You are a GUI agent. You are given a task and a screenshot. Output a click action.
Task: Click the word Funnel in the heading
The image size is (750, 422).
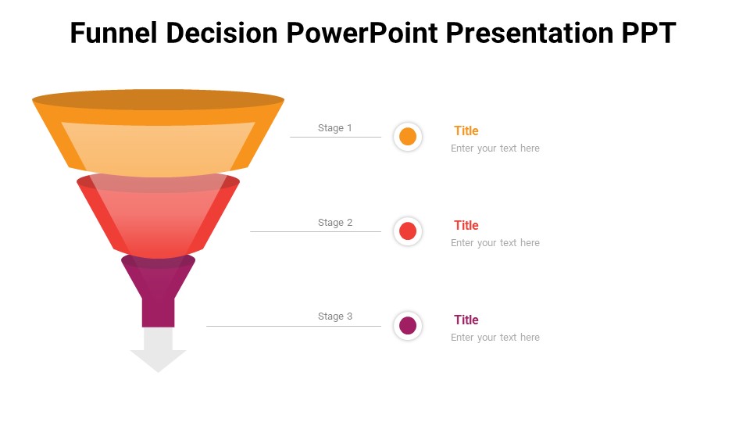click(114, 33)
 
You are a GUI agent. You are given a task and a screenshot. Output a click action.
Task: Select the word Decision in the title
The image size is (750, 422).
click(222, 33)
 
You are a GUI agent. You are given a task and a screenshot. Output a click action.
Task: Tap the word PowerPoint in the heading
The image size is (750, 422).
click(362, 33)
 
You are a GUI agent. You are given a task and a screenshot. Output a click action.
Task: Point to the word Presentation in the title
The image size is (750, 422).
click(530, 33)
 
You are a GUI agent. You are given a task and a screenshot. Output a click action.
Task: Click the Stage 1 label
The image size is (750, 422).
click(335, 127)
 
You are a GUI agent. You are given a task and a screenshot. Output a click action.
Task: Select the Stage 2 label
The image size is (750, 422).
click(335, 223)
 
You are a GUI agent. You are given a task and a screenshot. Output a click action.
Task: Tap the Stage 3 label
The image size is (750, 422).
click(335, 316)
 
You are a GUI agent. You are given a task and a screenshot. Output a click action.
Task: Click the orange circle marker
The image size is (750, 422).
click(408, 136)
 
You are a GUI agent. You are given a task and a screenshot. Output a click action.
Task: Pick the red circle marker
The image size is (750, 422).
click(408, 231)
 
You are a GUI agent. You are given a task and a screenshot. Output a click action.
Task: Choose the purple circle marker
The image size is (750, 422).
click(408, 326)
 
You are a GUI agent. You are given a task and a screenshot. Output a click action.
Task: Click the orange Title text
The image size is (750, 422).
click(466, 131)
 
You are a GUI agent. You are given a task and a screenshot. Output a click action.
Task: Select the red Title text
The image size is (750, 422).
click(466, 225)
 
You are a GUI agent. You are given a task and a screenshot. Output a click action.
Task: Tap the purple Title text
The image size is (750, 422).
click(466, 320)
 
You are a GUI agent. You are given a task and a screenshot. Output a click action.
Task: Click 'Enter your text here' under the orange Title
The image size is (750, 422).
click(495, 148)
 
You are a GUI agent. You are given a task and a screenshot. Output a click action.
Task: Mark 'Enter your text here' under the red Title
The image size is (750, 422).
click(495, 243)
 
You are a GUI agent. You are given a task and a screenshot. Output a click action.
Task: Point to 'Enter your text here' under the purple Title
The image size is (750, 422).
click(495, 338)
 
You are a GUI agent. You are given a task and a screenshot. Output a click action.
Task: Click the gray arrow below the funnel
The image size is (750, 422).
click(159, 350)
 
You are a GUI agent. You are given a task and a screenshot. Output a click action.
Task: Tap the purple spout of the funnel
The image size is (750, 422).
click(159, 291)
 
